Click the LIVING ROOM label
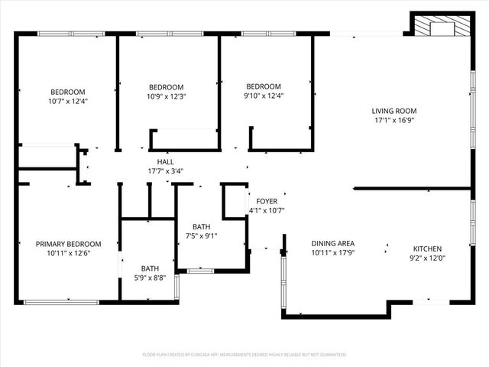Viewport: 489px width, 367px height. point(394,110)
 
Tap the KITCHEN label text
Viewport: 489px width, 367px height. point(427,249)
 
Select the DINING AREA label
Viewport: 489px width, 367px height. point(332,243)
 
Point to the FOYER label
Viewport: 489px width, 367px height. point(267,201)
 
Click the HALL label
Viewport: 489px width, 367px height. point(165,162)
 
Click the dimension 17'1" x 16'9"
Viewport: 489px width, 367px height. point(394,120)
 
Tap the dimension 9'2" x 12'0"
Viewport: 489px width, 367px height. point(427,258)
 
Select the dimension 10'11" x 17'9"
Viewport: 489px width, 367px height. point(332,253)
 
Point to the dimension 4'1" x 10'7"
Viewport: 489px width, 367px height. point(267,210)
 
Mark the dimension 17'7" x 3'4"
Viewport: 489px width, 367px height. point(165,171)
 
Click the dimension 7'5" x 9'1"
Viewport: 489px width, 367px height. point(201,236)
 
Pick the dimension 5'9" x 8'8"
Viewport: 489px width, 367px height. point(150,278)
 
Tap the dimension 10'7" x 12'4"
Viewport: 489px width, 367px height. point(68,101)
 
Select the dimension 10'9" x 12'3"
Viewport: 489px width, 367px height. point(166,96)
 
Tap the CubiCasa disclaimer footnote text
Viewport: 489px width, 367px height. point(244,355)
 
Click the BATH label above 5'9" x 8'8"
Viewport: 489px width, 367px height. point(150,268)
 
